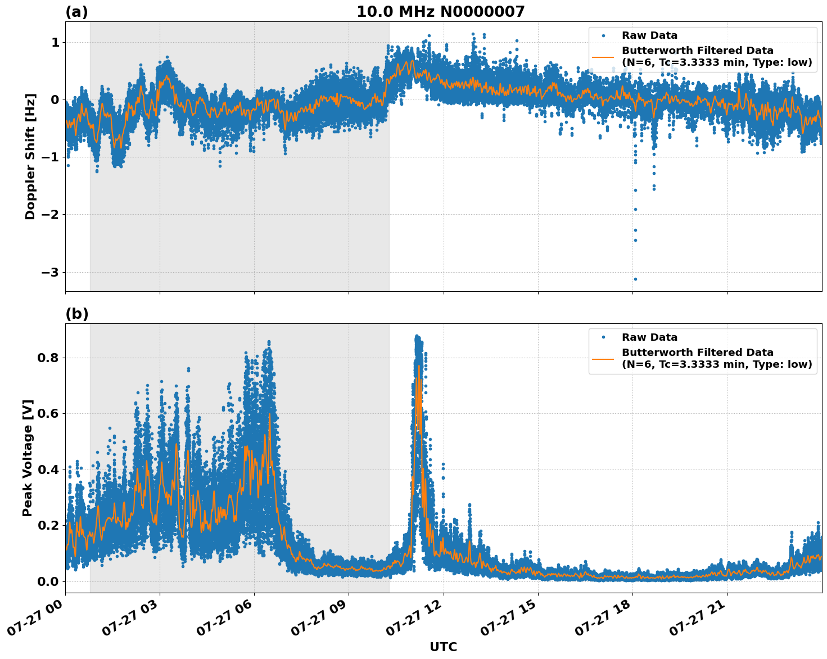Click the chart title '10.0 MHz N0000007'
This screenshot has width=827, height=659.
(440, 12)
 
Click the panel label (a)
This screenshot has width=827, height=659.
(76, 12)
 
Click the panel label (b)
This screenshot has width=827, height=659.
(76, 314)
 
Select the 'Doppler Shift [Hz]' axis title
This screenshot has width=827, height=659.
(30, 156)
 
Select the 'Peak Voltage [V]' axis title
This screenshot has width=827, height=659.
(28, 458)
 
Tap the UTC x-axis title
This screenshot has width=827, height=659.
(443, 647)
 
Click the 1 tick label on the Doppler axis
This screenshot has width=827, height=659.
(55, 43)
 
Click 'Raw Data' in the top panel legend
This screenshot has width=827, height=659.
(649, 36)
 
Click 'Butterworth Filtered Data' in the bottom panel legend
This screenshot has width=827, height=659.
(697, 353)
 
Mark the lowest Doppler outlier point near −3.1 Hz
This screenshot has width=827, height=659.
(635, 279)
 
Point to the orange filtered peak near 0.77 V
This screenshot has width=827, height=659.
(418, 366)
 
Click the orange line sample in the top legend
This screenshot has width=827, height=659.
(603, 57)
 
